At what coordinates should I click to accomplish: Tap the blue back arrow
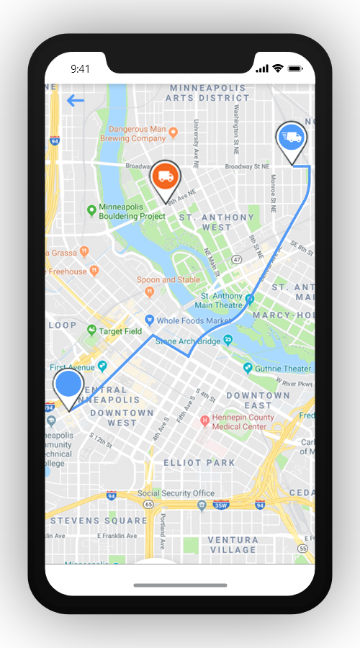point(76,101)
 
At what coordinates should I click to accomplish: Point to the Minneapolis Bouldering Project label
point(132,211)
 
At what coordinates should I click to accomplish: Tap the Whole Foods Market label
point(189,320)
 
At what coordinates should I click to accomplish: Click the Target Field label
point(120,331)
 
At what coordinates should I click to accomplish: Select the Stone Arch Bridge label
point(188,341)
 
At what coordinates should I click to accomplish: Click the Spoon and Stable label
point(168,279)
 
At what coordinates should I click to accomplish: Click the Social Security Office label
point(176,493)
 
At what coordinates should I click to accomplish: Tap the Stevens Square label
point(99,521)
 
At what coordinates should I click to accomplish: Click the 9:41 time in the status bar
point(80,68)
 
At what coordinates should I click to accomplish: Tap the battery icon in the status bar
point(295,68)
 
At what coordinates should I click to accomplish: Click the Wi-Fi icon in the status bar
point(278,68)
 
